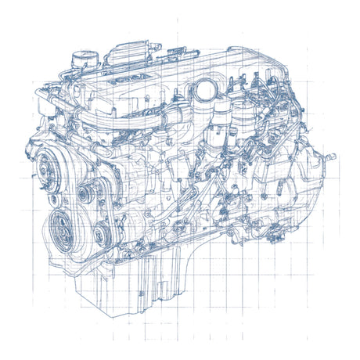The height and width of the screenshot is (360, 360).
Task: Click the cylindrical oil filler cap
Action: click(81, 58)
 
